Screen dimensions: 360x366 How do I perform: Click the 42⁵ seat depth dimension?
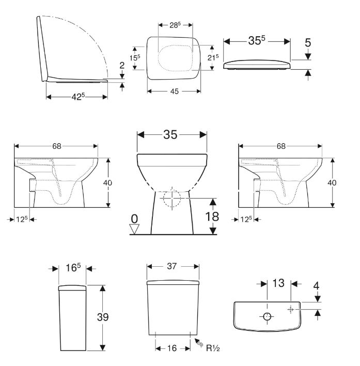pyautogui.click(x=78, y=96)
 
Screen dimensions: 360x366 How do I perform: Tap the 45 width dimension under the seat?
pyautogui.click(x=174, y=91)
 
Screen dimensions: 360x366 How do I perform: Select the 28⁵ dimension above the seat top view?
pyautogui.click(x=175, y=25)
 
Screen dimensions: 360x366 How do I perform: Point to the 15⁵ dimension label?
pyautogui.click(x=135, y=57)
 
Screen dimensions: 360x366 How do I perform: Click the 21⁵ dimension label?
pyautogui.click(x=213, y=57)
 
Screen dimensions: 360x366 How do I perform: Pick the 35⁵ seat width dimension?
pyautogui.click(x=257, y=41)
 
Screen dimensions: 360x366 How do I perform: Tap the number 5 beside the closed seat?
pyautogui.click(x=308, y=43)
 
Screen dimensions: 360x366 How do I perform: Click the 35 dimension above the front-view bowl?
pyautogui.click(x=170, y=134)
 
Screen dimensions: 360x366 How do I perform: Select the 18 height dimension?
pyautogui.click(x=212, y=217)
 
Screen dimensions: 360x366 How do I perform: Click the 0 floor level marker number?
pyautogui.click(x=134, y=219)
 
